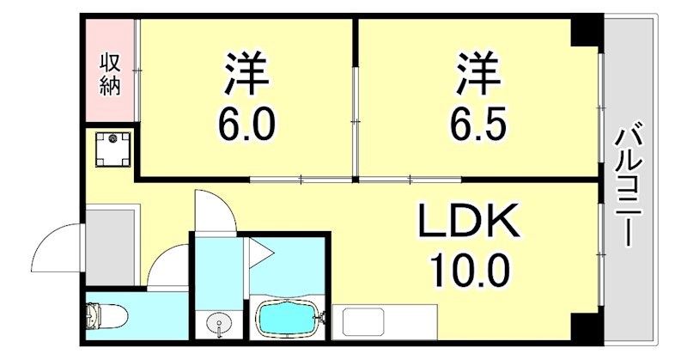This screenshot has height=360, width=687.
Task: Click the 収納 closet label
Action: click(110, 74)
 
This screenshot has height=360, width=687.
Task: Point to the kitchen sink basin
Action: click(361, 324)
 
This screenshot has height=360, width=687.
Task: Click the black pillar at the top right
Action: click(587, 33)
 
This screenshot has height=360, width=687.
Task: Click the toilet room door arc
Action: click(170, 269)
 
